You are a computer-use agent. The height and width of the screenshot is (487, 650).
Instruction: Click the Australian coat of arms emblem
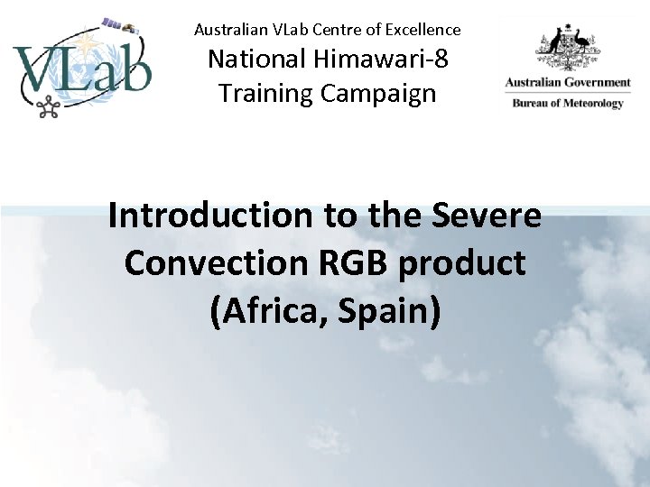pos(568,49)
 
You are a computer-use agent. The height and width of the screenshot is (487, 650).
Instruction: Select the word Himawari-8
pos(394,60)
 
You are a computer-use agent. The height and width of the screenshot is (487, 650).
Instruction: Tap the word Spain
pos(393,311)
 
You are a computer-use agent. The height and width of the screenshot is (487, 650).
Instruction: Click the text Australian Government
pos(568,83)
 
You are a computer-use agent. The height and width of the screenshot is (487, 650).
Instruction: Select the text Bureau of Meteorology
pos(568,103)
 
